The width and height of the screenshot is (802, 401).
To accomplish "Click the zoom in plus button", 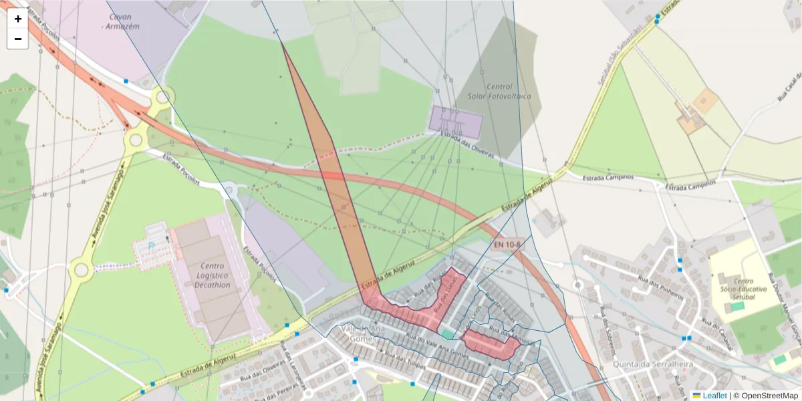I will click(x=18, y=19).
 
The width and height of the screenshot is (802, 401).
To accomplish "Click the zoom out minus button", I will click(x=18, y=39).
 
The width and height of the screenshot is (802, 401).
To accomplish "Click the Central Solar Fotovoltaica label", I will click(x=499, y=92).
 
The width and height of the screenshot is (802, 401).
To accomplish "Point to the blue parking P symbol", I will click(x=151, y=245).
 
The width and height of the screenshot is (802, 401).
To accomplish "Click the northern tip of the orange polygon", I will click(x=282, y=42).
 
